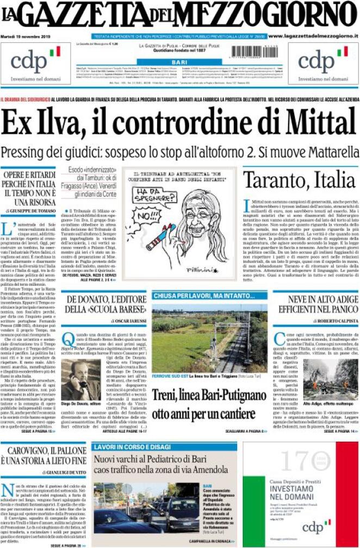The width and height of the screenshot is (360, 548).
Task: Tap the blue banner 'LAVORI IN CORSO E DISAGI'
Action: (126, 447)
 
